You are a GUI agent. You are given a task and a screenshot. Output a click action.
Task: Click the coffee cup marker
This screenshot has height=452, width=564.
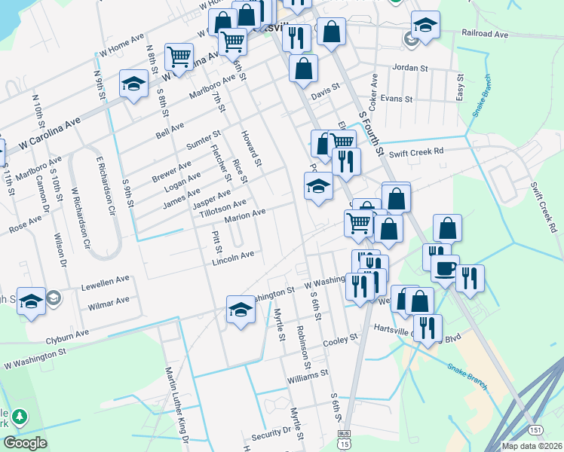tap(445, 268)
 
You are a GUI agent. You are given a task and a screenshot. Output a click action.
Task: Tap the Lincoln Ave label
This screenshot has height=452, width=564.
tap(233, 257)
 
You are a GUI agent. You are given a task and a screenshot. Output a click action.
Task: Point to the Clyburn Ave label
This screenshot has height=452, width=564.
tap(67, 331)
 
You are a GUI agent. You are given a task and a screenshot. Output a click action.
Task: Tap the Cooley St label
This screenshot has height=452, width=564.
tap(339, 341)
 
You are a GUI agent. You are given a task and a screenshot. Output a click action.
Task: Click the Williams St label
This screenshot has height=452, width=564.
tap(308, 373)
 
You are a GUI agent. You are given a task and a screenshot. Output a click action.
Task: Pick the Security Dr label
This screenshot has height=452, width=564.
tap(271, 434)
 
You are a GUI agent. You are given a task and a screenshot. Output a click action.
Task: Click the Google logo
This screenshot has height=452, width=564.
tap(25, 442)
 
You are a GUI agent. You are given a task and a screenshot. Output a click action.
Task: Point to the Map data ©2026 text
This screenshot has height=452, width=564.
tap(532, 446)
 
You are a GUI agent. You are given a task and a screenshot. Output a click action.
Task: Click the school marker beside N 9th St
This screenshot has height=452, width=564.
tap(133, 84)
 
